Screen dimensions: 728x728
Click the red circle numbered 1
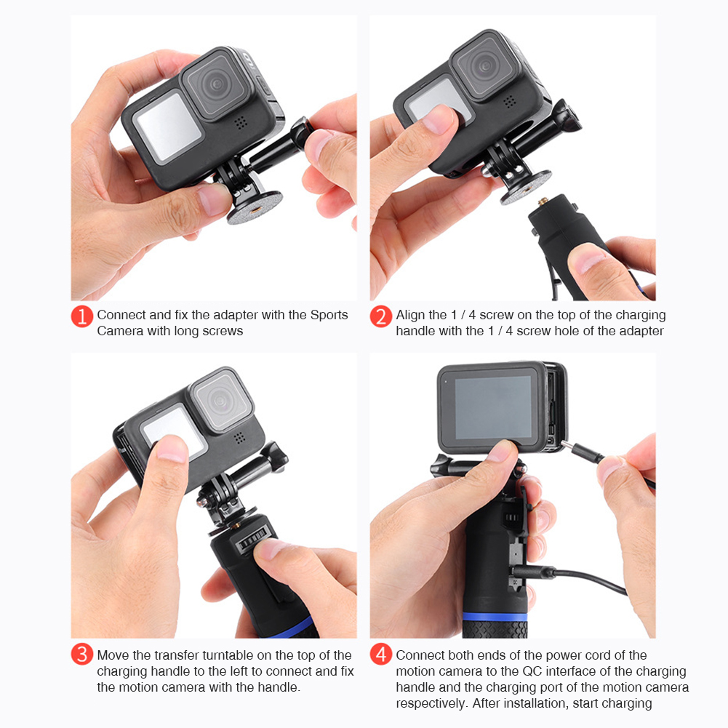tap(82, 316)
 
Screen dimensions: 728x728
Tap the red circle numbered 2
tap(380, 316)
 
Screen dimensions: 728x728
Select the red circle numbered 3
tap(82, 654)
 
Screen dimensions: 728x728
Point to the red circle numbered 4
tap(380, 654)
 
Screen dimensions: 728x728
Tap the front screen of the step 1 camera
tap(167, 127)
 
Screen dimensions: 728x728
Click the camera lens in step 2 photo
tap(484, 66)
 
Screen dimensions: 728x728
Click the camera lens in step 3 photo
tap(221, 400)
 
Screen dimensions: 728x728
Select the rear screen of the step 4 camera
tap(493, 407)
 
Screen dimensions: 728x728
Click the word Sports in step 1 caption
tap(329, 315)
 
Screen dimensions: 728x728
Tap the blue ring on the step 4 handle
tap(495, 617)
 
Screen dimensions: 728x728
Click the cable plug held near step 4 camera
tap(583, 452)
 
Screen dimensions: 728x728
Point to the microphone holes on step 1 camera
tap(240, 123)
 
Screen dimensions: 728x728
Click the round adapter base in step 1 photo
tap(255, 207)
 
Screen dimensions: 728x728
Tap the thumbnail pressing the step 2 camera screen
tap(439, 119)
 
